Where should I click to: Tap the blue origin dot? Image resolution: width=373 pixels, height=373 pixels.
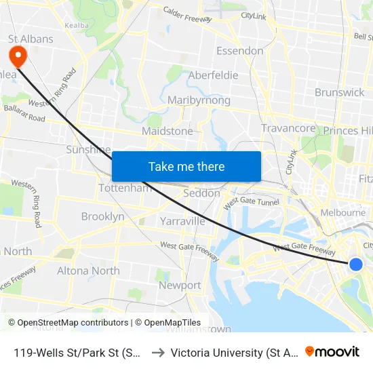tap(355, 264)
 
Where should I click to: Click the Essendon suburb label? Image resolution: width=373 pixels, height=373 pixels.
tap(239, 51)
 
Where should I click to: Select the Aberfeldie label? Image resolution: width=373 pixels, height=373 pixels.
tap(213, 75)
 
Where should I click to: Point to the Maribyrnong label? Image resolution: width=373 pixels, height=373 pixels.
tap(199, 100)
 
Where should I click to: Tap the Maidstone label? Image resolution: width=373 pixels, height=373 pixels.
tap(167, 131)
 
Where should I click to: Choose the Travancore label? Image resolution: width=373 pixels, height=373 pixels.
tap(288, 128)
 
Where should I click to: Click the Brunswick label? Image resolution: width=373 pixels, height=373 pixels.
tap(339, 92)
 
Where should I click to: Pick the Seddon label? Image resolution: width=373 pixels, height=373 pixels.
tap(202, 193)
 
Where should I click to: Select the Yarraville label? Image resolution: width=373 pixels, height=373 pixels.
tap(182, 221)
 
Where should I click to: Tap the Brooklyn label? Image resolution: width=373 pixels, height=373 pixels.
tap(102, 216)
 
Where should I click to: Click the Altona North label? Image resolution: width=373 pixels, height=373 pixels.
tap(88, 271)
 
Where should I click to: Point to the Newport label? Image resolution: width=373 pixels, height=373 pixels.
tap(180, 286)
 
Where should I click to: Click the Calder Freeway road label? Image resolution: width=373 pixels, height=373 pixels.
tap(187, 14)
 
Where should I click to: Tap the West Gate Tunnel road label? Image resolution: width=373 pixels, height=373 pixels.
tap(251, 202)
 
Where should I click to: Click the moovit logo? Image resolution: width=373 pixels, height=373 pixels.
tap(332, 352)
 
